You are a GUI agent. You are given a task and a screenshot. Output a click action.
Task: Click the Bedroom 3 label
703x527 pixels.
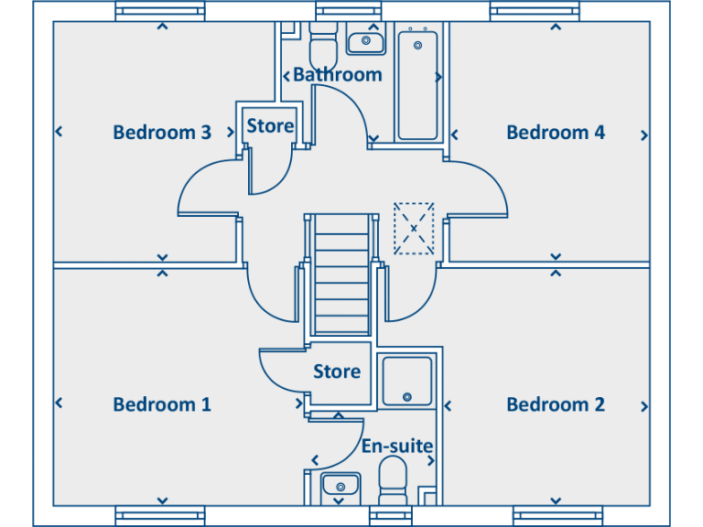point(162,133)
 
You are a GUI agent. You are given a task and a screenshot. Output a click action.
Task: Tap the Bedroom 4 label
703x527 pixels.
point(556,133)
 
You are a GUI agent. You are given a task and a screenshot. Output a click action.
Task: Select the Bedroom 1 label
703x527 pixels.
point(162,404)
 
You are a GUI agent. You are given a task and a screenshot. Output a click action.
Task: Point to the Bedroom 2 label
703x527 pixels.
point(556,404)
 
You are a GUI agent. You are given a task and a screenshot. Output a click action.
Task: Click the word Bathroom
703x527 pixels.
point(338,75)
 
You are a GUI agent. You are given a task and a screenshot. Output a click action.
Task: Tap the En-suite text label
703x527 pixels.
point(397,446)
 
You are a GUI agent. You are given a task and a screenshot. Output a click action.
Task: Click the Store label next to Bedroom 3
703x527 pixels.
point(270,126)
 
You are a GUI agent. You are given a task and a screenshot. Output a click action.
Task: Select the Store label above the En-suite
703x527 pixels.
point(337,371)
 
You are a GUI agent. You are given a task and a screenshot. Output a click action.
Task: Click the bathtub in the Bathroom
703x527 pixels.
point(418,84)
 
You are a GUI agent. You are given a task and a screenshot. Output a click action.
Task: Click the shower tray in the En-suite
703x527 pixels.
point(407,381)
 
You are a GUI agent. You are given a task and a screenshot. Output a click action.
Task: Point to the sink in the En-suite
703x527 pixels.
point(340,486)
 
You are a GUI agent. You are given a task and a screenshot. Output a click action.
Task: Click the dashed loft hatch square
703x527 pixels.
point(414,228)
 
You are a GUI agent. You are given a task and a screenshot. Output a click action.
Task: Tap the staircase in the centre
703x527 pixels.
point(340,274)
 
